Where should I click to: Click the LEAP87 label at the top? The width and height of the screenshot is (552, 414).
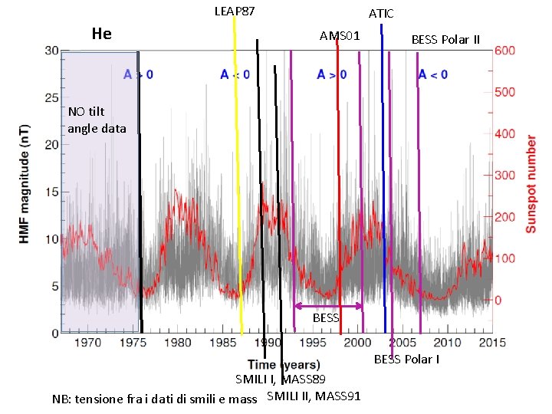pos(234,11)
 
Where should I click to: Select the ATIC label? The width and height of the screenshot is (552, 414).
pos(381,13)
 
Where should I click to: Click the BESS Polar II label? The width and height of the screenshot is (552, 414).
pos(445,39)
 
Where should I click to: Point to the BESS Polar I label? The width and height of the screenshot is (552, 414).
pos(406,360)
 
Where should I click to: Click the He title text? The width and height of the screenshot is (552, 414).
pos(101,33)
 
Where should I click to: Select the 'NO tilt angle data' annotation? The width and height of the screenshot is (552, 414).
pos(97,120)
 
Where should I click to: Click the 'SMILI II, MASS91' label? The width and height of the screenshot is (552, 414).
pos(314,396)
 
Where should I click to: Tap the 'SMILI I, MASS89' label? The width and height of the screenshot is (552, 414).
pos(281,379)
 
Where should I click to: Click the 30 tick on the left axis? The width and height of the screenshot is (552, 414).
pos(51,51)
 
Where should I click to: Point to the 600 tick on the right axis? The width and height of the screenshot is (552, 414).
pos(504,51)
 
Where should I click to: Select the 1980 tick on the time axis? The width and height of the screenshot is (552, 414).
pos(178,343)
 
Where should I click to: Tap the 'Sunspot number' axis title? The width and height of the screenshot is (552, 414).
pos(531,184)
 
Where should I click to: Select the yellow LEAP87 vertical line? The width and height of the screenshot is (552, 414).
pos(238,176)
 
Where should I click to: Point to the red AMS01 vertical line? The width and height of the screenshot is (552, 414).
pos(339,192)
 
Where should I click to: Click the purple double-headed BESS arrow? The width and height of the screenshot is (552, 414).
pos(328,306)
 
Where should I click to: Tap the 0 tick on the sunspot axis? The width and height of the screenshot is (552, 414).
pos(498,300)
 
